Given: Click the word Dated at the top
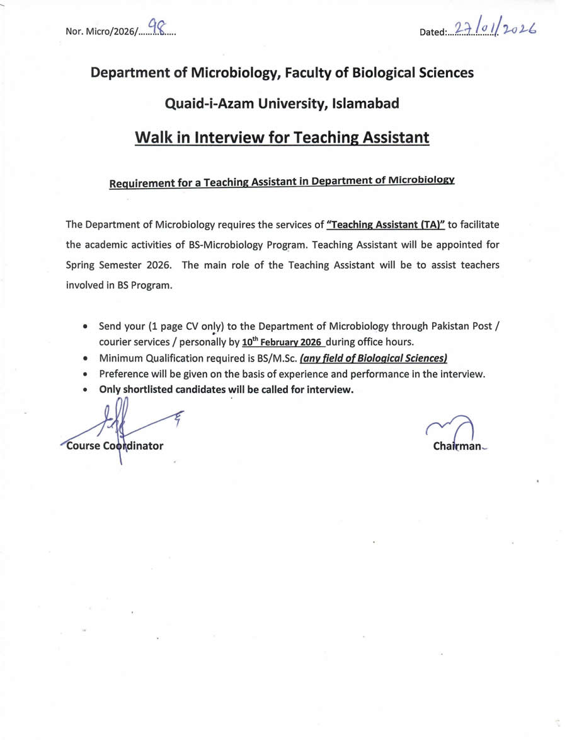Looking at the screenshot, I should tap(433, 32).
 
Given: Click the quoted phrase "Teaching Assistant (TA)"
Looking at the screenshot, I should tap(386, 225).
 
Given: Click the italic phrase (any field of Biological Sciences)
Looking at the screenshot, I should tap(374, 358).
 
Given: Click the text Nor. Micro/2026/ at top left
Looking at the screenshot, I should tap(101, 32).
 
